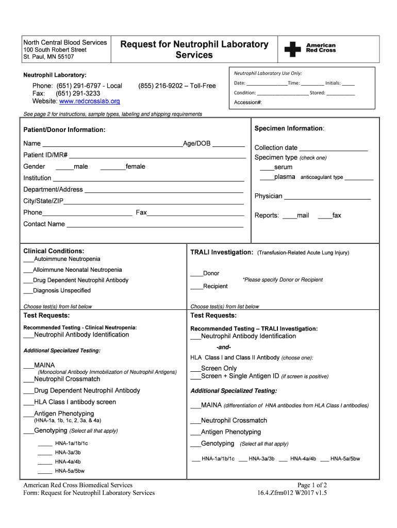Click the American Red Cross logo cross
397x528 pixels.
coord(293,49)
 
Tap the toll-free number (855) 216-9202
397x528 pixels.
coord(177,86)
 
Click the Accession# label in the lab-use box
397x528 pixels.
coord(248,102)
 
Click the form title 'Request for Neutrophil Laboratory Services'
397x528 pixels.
coord(194,49)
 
